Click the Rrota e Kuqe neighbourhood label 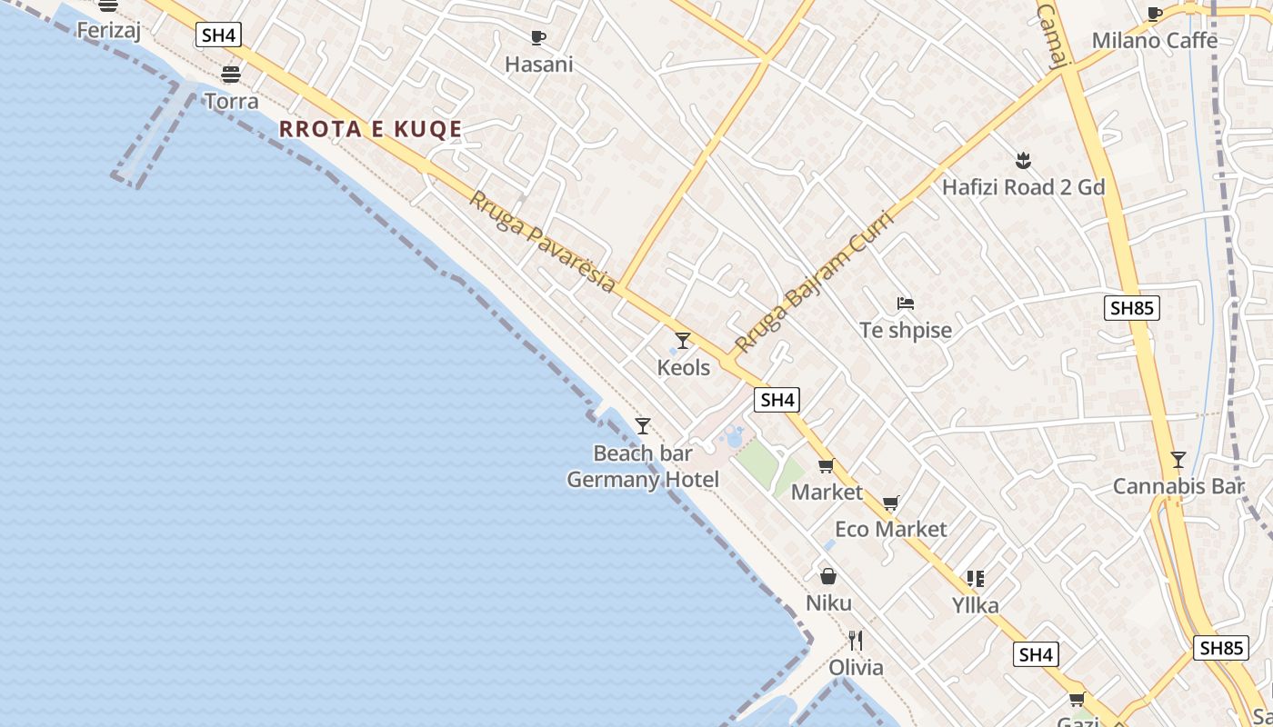371,129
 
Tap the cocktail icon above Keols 683,341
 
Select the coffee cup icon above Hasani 538,37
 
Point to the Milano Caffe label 1154,40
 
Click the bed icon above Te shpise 905,304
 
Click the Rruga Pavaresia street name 542,240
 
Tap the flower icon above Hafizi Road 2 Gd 1023,161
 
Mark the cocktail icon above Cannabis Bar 1178,460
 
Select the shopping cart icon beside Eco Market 891,503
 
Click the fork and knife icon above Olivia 855,641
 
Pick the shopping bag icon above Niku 828,576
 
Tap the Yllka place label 975,605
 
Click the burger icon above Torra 231,74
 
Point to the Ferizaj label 107,30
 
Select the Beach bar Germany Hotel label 643,466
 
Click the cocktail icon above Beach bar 643,425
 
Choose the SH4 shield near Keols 777,400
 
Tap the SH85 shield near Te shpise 1132,308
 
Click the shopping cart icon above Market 826,466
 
